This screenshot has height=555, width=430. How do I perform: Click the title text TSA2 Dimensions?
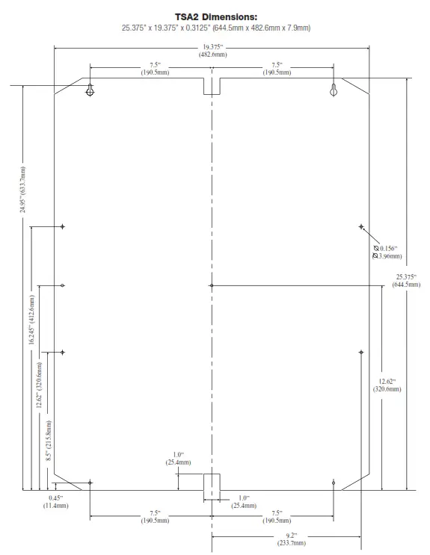click(215, 16)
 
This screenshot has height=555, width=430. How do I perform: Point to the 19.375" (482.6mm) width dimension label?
click(212, 51)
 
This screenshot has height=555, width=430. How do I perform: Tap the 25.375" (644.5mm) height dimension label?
click(408, 280)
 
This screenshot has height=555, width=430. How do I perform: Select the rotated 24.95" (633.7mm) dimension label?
click(23, 190)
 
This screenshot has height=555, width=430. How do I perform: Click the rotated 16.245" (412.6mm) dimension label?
click(31, 320)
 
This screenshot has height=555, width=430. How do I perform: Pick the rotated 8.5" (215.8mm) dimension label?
click(49, 441)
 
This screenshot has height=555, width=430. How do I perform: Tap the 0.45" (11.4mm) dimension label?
click(55, 502)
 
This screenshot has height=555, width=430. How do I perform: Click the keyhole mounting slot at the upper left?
click(90, 90)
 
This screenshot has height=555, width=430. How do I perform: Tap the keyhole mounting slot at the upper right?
click(334, 90)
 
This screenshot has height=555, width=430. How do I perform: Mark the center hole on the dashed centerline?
click(212, 285)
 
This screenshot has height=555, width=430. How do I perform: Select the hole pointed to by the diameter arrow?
click(361, 226)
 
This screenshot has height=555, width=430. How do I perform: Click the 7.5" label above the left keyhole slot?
click(153, 69)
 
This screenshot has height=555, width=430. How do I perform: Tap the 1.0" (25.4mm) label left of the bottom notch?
click(178, 459)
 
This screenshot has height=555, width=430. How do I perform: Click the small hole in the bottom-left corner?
click(90, 483)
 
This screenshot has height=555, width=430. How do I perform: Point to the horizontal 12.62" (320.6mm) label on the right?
click(387, 385)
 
